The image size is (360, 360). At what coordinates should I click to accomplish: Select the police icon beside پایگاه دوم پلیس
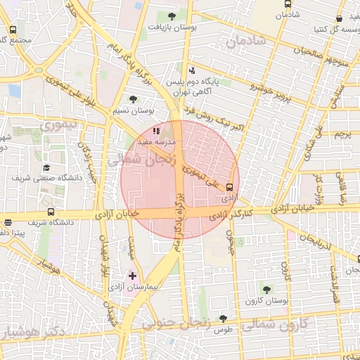(192, 70)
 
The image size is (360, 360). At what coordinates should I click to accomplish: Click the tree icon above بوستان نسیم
(134, 99)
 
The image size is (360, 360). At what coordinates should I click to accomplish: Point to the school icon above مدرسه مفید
(155, 130)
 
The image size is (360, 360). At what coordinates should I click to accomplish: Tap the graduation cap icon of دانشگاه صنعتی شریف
(46, 167)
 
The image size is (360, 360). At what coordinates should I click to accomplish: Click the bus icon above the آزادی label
(230, 187)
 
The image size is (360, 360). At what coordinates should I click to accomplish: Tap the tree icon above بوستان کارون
(266, 289)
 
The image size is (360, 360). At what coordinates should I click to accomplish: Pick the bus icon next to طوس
(223, 319)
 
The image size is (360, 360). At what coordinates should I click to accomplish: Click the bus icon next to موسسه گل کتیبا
(340, 19)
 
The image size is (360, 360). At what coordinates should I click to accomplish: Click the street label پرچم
(342, 134)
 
